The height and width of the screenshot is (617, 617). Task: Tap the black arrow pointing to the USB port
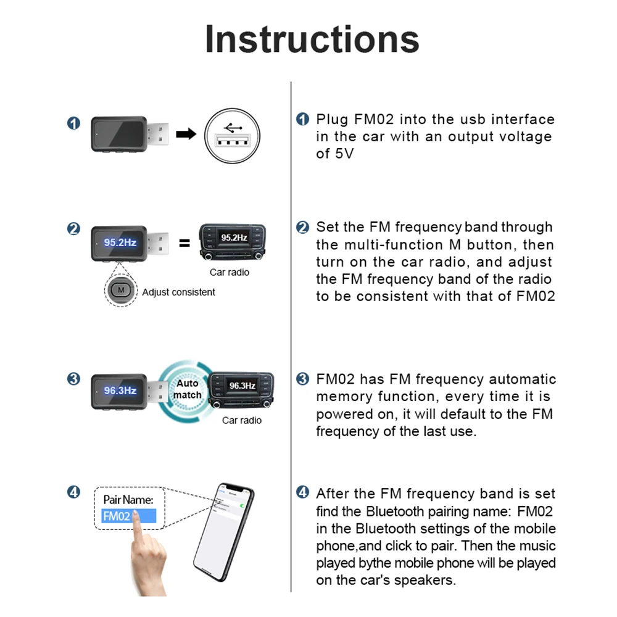[186, 134]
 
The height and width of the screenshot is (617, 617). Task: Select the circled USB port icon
[232, 136]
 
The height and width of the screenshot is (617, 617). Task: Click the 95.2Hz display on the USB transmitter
[120, 242]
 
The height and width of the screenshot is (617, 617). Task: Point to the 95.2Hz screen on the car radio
[234, 238]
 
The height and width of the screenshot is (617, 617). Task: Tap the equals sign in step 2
[184, 242]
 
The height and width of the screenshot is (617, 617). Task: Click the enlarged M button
[121, 291]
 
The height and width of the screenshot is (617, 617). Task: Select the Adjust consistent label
[178, 292]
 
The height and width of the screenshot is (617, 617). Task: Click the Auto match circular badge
[186, 389]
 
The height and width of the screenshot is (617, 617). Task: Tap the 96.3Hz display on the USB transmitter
[120, 391]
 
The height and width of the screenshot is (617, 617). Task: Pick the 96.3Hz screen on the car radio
[242, 386]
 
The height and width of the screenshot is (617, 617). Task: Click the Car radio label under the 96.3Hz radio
[242, 420]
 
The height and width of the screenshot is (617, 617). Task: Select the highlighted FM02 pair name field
[129, 516]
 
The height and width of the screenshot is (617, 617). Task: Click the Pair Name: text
[128, 499]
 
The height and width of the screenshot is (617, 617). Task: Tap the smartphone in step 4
[224, 532]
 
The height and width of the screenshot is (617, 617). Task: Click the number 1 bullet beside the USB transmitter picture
[73, 123]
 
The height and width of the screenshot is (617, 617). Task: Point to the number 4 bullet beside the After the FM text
[302, 492]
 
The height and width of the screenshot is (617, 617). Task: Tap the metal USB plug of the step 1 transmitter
[158, 134]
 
